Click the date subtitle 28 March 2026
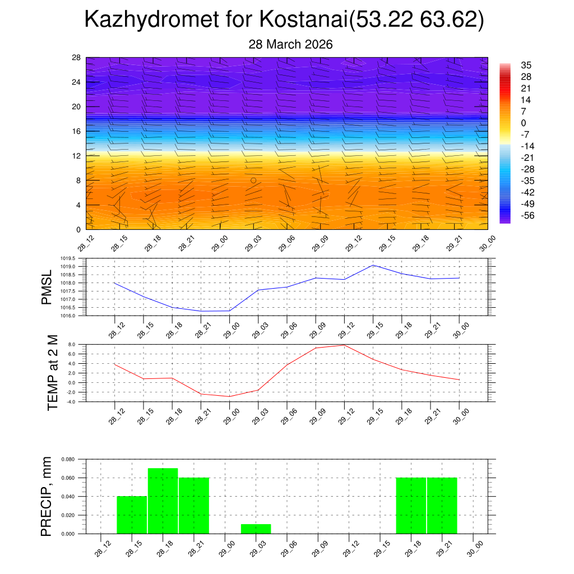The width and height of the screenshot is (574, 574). (x=290, y=44)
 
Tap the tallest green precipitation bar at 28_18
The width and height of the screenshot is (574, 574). (x=163, y=501)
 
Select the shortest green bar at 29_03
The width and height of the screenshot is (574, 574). (x=256, y=529)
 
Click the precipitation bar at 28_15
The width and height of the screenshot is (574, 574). (x=132, y=515)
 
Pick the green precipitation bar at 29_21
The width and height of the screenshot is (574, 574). (x=442, y=505)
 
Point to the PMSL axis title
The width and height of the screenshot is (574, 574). (x=47, y=287)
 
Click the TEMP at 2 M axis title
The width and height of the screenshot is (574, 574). (x=52, y=373)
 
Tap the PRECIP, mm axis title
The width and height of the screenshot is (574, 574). (x=47, y=496)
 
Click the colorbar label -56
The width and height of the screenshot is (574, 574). (x=527, y=216)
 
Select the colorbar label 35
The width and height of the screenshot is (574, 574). (x=526, y=65)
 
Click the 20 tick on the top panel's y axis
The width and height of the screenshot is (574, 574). (x=76, y=107)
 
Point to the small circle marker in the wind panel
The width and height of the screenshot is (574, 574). (x=253, y=180)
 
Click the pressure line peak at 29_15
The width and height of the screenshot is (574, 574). (x=373, y=265)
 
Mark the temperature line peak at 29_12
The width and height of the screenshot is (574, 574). (x=344, y=345)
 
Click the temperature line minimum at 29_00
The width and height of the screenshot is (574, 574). (x=229, y=396)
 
